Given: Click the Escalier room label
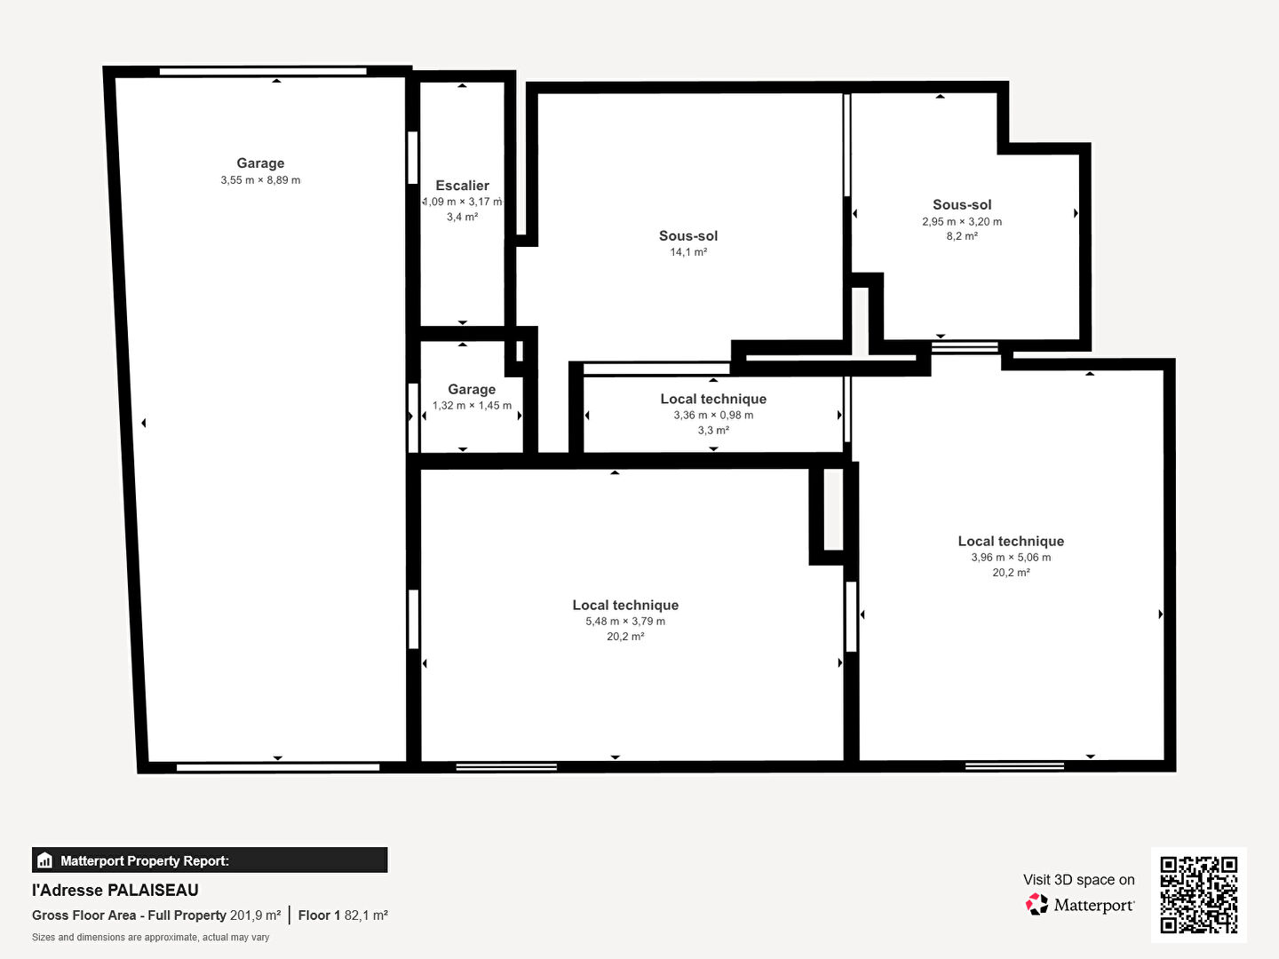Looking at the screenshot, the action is [462, 186].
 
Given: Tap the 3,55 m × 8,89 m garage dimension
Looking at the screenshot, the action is [260, 180].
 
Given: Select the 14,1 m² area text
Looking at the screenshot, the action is [688, 252].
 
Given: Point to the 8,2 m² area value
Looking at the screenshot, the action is [961, 236].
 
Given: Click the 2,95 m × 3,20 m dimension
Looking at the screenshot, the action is [961, 221].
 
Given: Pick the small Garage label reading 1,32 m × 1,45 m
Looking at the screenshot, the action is [472, 389].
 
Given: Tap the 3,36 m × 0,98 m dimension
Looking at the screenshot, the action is [713, 416].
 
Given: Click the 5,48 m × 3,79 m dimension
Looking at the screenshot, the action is [625, 622].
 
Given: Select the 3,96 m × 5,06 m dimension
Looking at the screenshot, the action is [1011, 558].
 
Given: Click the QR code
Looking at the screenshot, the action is [1198, 895].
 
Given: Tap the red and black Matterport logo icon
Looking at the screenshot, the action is [1037, 904].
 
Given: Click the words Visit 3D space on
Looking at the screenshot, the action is [1078, 879].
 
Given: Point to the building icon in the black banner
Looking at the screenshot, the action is [45, 860].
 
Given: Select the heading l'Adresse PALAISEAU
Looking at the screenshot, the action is [115, 891].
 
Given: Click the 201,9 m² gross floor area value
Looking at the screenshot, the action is [255, 915].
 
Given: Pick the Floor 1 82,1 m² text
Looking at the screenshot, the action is [343, 915].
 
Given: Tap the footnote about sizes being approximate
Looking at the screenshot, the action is [150, 938].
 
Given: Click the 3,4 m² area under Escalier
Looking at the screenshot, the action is [462, 217].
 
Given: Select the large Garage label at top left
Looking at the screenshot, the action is [260, 163].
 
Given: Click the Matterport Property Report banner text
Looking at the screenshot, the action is [145, 860].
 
